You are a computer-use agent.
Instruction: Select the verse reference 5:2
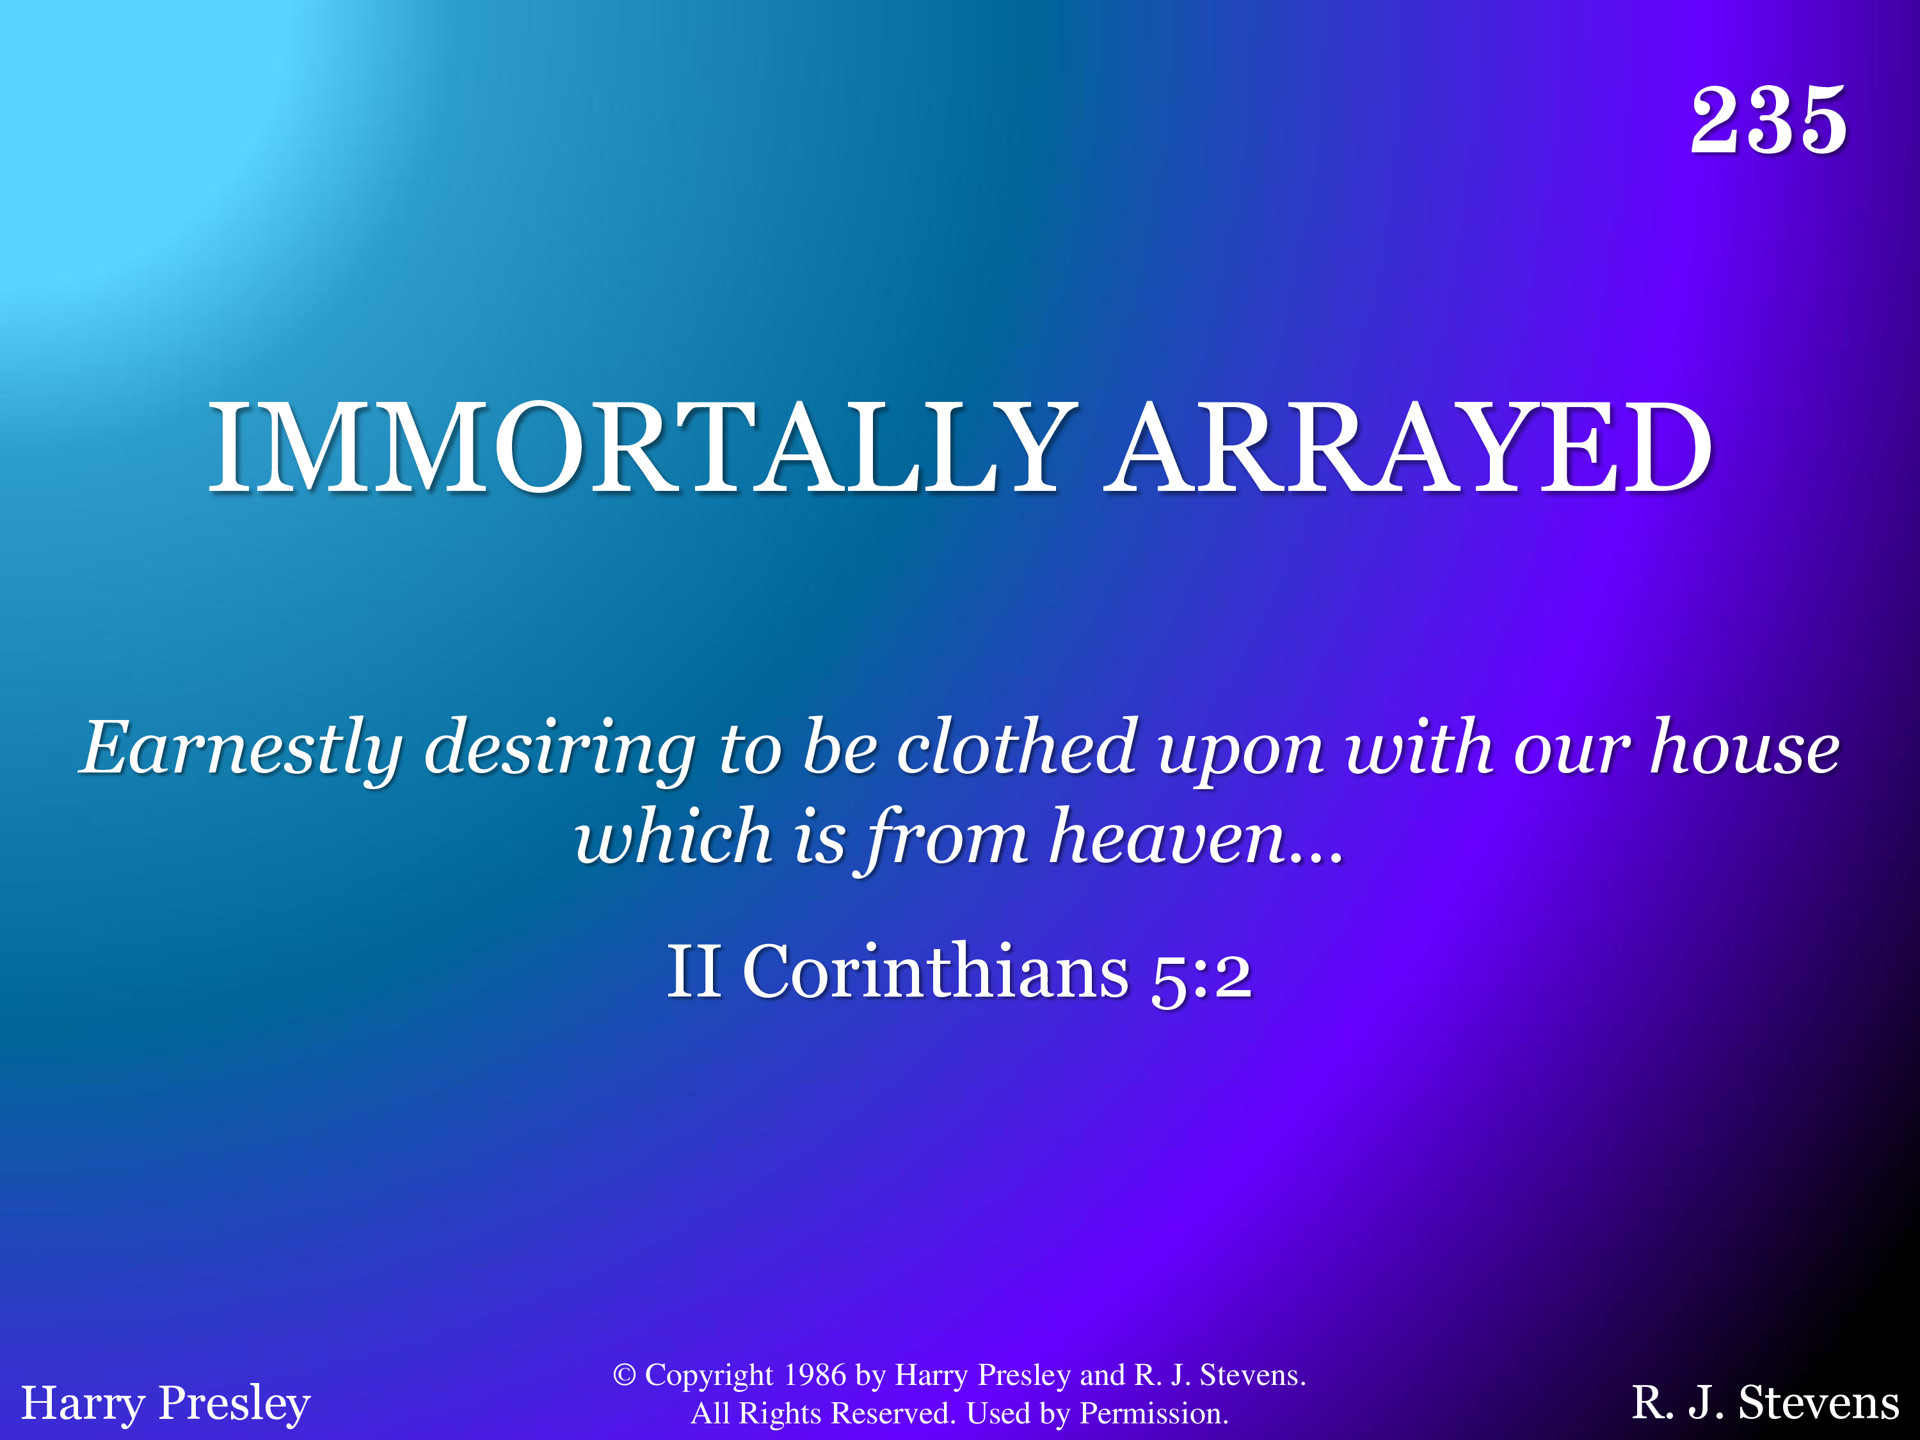[x=1201, y=977]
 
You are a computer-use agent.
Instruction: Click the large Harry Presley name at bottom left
[x=166, y=1403]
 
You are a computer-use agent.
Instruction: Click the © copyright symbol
[x=624, y=1375]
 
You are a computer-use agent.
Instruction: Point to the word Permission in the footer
[x=1153, y=1413]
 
